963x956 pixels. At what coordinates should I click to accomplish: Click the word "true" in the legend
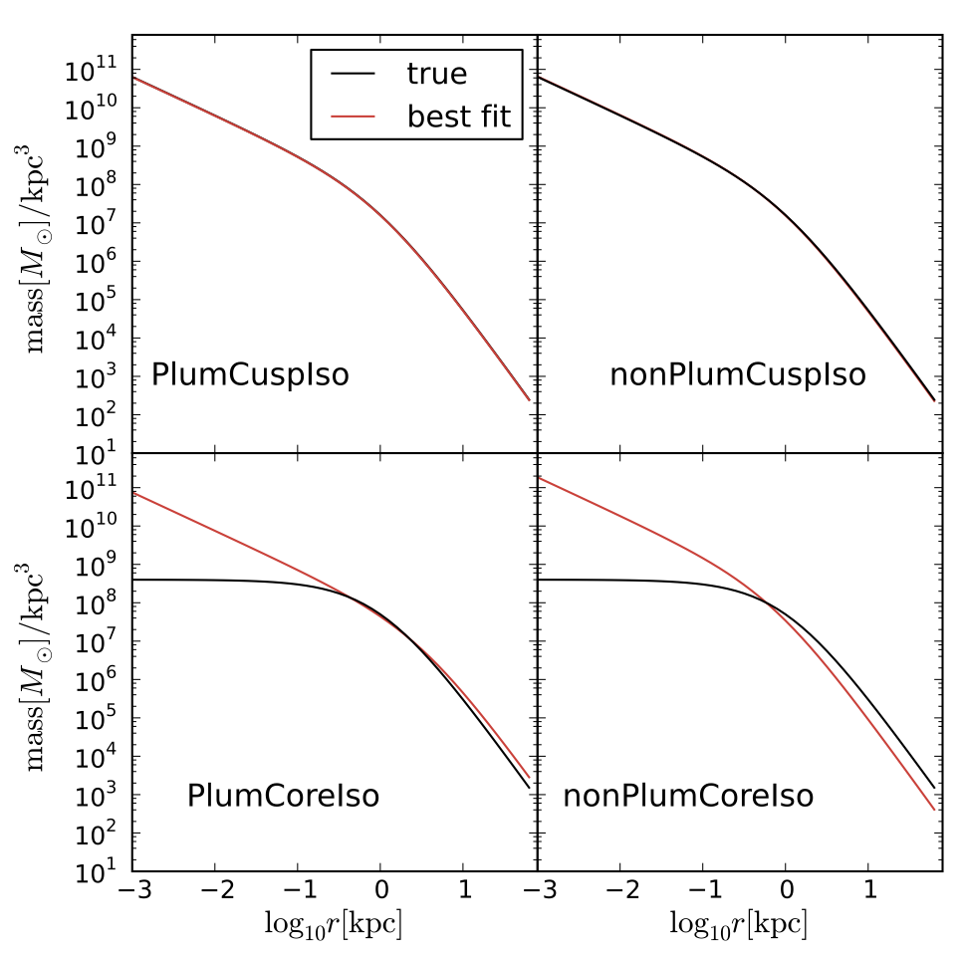(x=436, y=74)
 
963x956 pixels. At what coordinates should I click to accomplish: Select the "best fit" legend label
(x=458, y=117)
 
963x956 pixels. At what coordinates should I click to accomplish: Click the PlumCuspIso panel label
(x=250, y=376)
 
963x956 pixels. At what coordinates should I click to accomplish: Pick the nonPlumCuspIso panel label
(x=737, y=376)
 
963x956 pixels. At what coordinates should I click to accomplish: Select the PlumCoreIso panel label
(x=283, y=797)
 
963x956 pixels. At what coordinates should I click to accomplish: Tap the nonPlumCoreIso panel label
(x=688, y=797)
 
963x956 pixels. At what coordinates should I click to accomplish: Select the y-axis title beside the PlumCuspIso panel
(x=45, y=244)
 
